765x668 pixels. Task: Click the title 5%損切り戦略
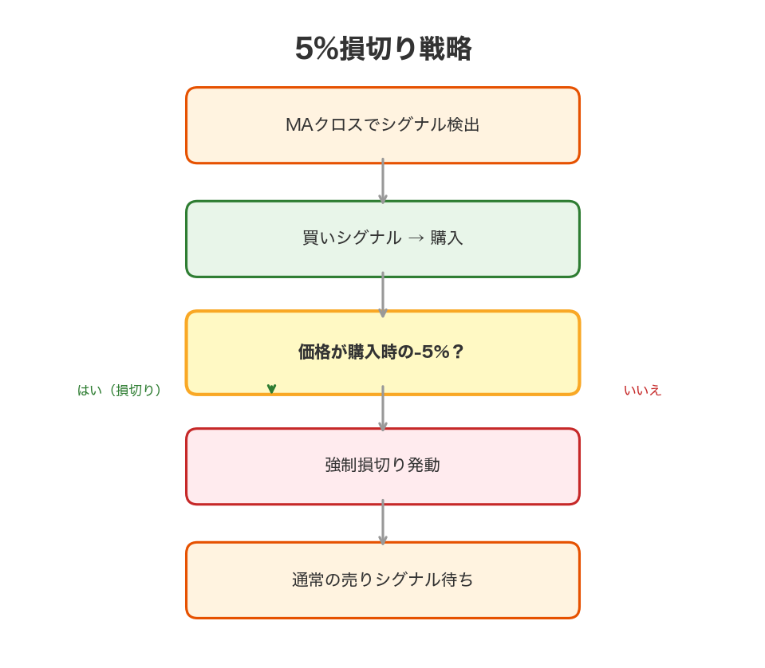tap(383, 49)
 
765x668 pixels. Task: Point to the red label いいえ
tap(642, 390)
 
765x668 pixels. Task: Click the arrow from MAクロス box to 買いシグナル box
tap(383, 182)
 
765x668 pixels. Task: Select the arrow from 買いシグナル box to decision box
tap(383, 295)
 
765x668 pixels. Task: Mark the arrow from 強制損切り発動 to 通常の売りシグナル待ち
tap(383, 523)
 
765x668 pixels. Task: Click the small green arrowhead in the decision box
tap(271, 388)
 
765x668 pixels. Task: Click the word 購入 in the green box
tap(447, 238)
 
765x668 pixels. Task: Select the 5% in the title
tap(317, 49)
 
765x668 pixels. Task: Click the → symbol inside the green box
tap(416, 238)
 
